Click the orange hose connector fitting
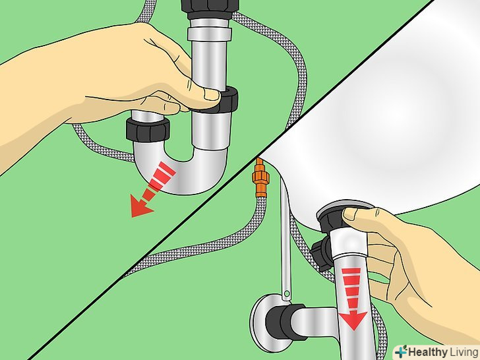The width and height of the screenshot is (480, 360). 260,179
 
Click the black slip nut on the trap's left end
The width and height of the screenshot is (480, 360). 148,130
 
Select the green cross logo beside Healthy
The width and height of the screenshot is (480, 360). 401,351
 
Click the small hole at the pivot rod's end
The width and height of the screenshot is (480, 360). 287,295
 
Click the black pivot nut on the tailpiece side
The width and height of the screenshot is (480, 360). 320,251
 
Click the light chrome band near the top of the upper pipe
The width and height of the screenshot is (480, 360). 210,34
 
